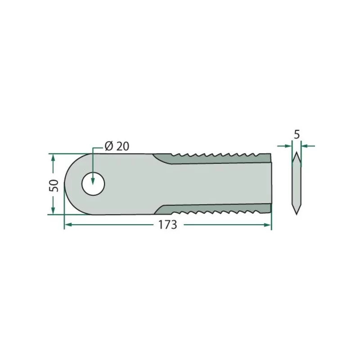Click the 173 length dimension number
[x=167, y=225]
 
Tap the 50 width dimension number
[x=54, y=185]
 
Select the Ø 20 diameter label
[x=117, y=146]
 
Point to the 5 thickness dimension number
[x=297, y=135]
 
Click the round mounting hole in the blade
[x=93, y=184]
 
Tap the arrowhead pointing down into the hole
[x=93, y=180]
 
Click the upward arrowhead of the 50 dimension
[x=53, y=158]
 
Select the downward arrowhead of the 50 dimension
[x=53, y=211]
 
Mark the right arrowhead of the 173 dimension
[x=267, y=225]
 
